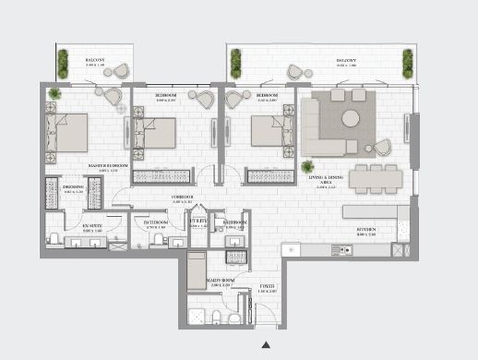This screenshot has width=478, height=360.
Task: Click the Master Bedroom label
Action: (x=105, y=167)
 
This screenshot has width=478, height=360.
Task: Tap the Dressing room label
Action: (x=73, y=188)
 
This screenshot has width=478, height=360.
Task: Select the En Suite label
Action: (x=90, y=224)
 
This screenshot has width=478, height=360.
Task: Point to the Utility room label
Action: (x=197, y=222)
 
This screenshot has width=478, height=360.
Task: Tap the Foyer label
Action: (x=267, y=287)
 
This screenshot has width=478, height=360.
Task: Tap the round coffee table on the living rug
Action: (x=352, y=118)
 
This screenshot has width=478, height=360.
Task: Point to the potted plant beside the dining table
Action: (x=306, y=166)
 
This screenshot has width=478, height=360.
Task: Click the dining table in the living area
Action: (x=375, y=176)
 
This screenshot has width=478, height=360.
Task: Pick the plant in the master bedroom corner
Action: (x=55, y=93)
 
